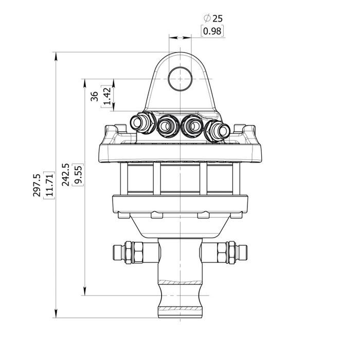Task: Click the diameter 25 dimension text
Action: [213, 19]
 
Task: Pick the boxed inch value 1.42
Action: [107, 96]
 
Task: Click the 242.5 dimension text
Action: [66, 175]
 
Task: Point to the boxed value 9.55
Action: [78, 175]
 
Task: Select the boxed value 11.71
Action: [49, 185]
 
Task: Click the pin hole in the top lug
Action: [181, 79]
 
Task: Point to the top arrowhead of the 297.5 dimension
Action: [55, 55]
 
